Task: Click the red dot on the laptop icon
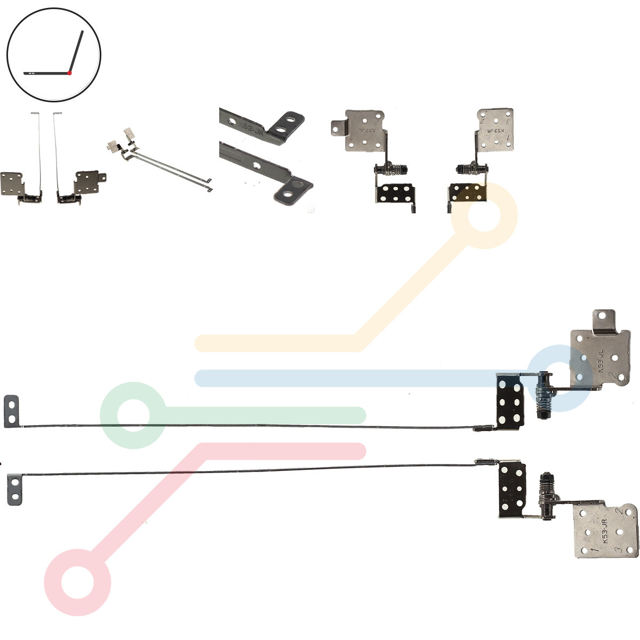coord(69,73)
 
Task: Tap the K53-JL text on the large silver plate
coord(606,366)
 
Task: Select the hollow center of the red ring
coord(77,582)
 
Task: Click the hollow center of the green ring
coord(132,414)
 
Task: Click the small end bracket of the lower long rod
coord(14,489)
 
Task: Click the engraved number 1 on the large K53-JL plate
coord(589,338)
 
